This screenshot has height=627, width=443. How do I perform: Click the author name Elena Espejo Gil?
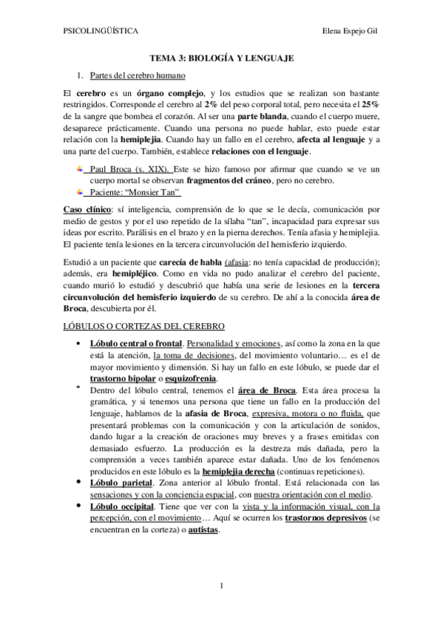tap(352, 32)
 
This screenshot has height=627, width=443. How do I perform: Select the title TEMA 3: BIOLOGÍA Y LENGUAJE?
tap(222, 57)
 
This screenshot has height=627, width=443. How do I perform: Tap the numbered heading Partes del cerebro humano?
tap(138, 75)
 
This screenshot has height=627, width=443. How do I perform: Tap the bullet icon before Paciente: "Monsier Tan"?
tap(80, 193)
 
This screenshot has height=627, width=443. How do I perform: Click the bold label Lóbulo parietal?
tap(121, 482)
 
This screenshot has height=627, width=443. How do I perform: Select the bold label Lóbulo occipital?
tap(122, 506)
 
